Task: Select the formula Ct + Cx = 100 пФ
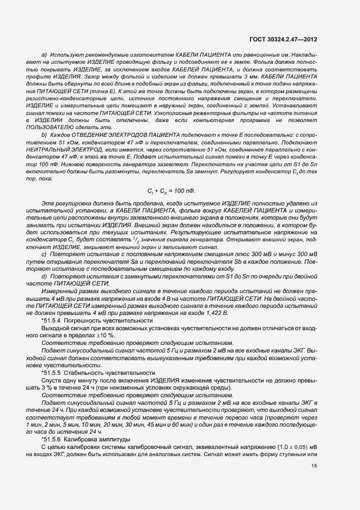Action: click(x=170, y=192)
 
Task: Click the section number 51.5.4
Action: click(x=52, y=320)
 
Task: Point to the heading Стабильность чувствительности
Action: click(x=103, y=372)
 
